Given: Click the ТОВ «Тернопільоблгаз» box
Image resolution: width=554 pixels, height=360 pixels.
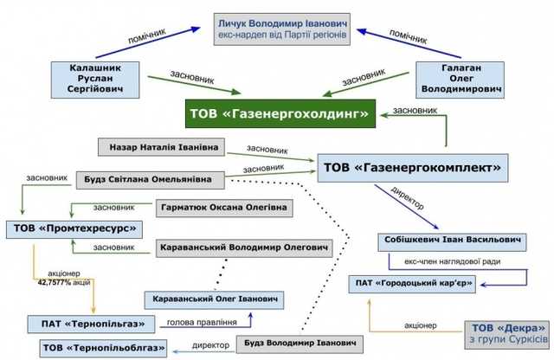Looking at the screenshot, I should coord(94,348).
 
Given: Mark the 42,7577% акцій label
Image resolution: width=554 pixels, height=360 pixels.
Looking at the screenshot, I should coord(65,281).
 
